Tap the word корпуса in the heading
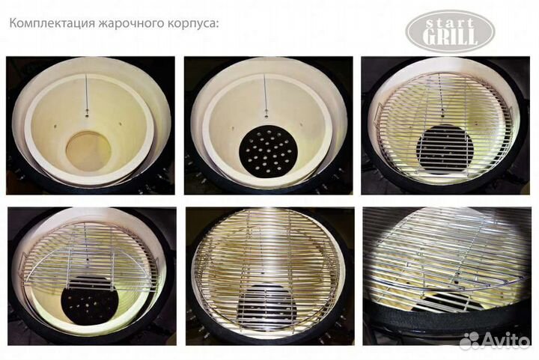pyautogui.click(x=188, y=22)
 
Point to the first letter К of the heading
pyautogui.click(x=13, y=22)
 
